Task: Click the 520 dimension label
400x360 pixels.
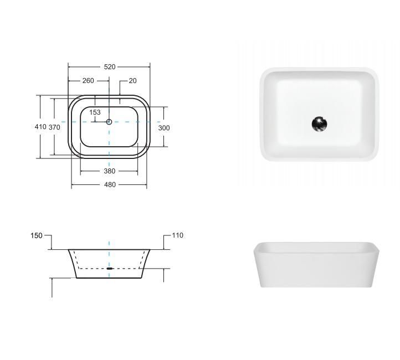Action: [x=110, y=67]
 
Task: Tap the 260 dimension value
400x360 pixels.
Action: [x=88, y=80]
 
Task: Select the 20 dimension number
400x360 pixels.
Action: [x=132, y=80]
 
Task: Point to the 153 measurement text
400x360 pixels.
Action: [x=95, y=112]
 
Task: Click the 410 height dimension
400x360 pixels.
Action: [x=40, y=126]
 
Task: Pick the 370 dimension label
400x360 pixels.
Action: [x=54, y=127]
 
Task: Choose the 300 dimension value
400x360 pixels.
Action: [x=164, y=128]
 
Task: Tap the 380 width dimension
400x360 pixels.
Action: [x=110, y=171]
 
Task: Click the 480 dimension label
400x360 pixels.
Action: [x=110, y=184]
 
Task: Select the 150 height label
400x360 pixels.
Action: [x=37, y=235]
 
